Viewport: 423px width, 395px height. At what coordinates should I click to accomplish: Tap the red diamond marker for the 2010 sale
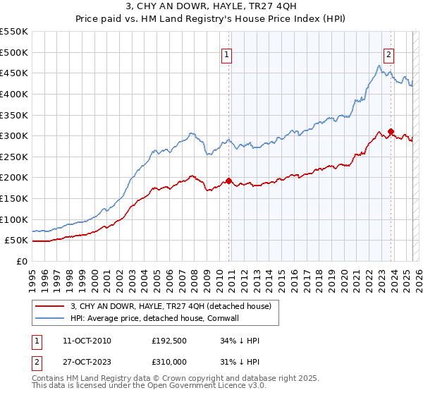(228, 181)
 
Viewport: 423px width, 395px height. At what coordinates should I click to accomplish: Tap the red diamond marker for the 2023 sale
(391, 131)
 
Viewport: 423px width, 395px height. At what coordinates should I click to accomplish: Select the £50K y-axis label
(16, 241)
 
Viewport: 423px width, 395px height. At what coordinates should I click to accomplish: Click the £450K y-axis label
(14, 73)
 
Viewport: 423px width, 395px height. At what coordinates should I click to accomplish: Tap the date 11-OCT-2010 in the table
(87, 341)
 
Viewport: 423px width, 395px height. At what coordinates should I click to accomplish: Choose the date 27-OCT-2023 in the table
(87, 362)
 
